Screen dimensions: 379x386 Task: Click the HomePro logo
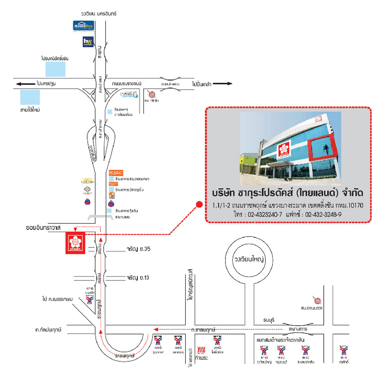point(83,26)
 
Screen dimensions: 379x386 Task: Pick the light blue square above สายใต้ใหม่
point(30,97)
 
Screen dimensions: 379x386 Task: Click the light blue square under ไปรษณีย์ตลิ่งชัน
point(55,69)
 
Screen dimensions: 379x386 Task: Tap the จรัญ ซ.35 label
point(139,249)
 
